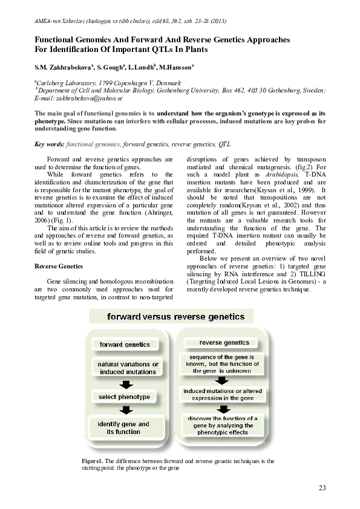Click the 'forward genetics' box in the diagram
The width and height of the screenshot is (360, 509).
tap(124, 345)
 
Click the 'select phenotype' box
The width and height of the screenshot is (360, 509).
tap(124, 397)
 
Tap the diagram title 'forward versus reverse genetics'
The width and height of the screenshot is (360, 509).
tap(172, 316)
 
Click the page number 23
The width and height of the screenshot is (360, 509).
tap(321, 487)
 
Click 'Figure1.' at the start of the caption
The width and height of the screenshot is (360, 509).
tap(93, 461)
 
